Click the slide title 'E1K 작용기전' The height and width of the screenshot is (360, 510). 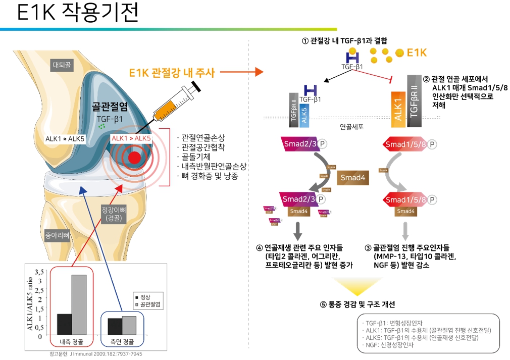(x=77, y=13)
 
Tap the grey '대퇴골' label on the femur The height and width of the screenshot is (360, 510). (x=62, y=65)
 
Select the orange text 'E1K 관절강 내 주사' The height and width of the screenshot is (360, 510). (x=172, y=73)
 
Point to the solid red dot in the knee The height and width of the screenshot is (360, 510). (x=134, y=158)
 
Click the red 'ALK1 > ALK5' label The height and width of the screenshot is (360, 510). (x=131, y=138)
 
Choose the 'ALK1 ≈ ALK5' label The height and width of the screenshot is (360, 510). (x=66, y=138)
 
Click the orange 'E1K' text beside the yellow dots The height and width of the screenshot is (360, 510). (x=417, y=53)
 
